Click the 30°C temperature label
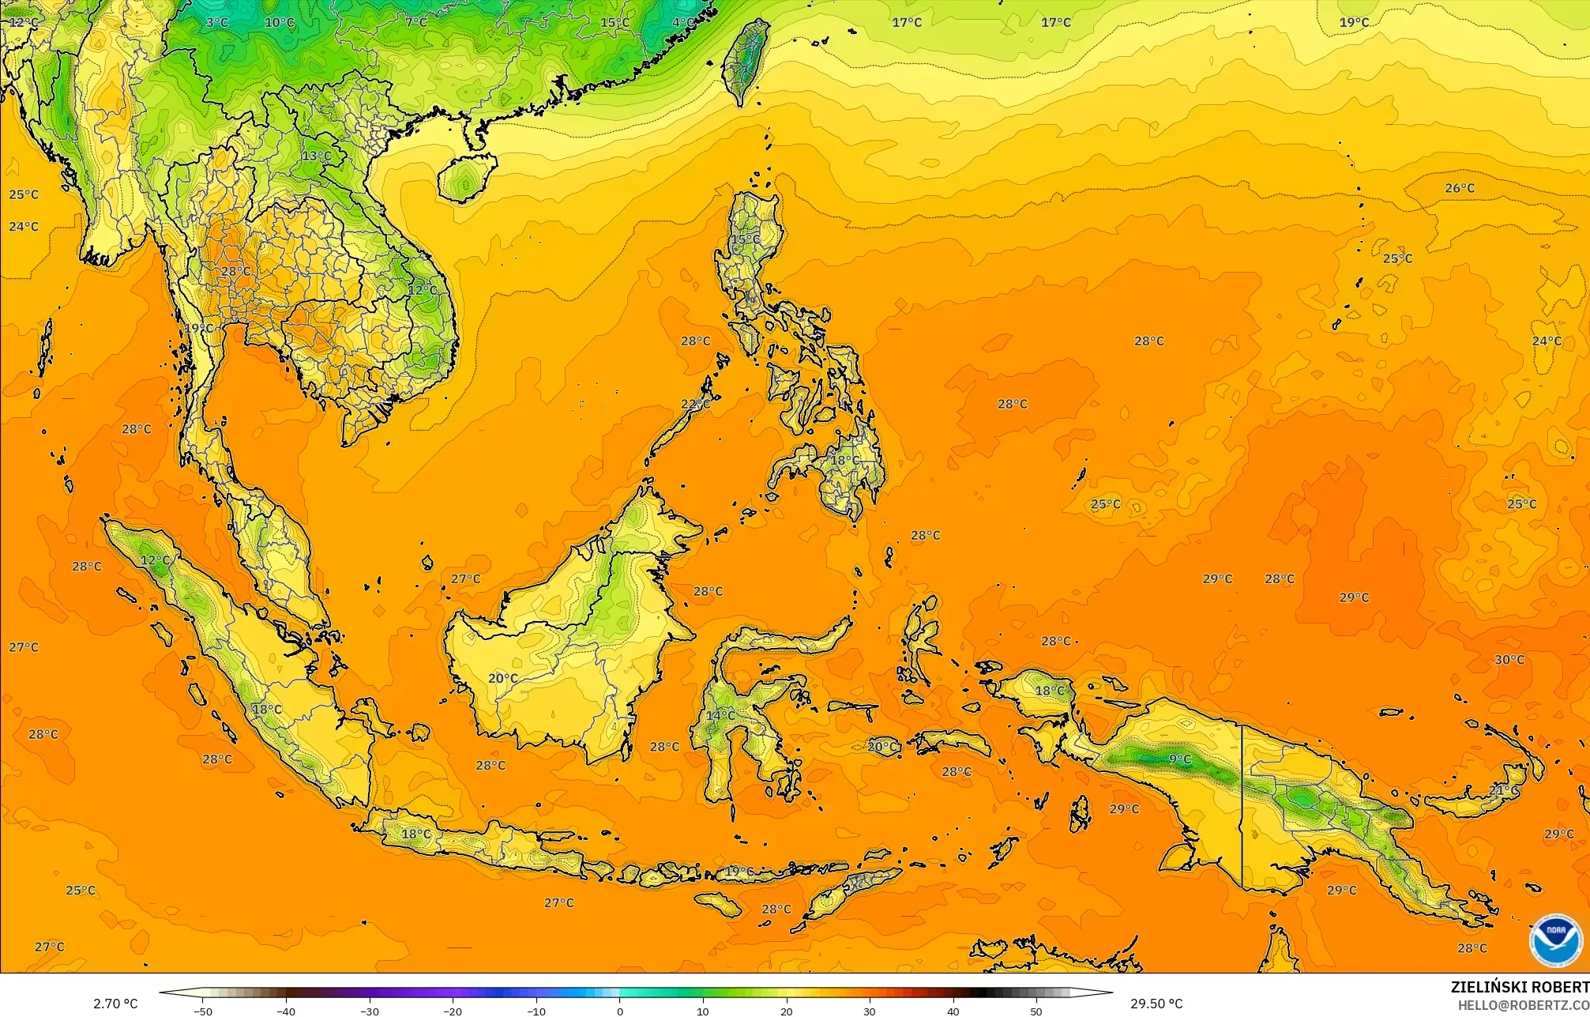tap(1509, 660)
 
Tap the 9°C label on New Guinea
tap(1179, 759)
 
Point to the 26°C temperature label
tap(1460, 188)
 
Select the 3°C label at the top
tap(217, 22)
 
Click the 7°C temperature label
tap(416, 22)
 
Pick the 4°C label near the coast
tap(684, 22)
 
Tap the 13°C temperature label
tap(317, 156)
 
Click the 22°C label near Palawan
tap(695, 404)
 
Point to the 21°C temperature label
tap(1503, 790)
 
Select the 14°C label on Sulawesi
tap(720, 715)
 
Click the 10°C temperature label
tap(279, 22)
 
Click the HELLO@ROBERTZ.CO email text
tap(1523, 1004)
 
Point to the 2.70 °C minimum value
tap(115, 1004)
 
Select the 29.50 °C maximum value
tap(1156, 1004)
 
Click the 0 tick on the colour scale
tap(619, 1011)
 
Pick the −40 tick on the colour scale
tap(286, 1011)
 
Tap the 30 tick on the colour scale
tap(870, 1011)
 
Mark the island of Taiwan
tap(746, 59)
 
